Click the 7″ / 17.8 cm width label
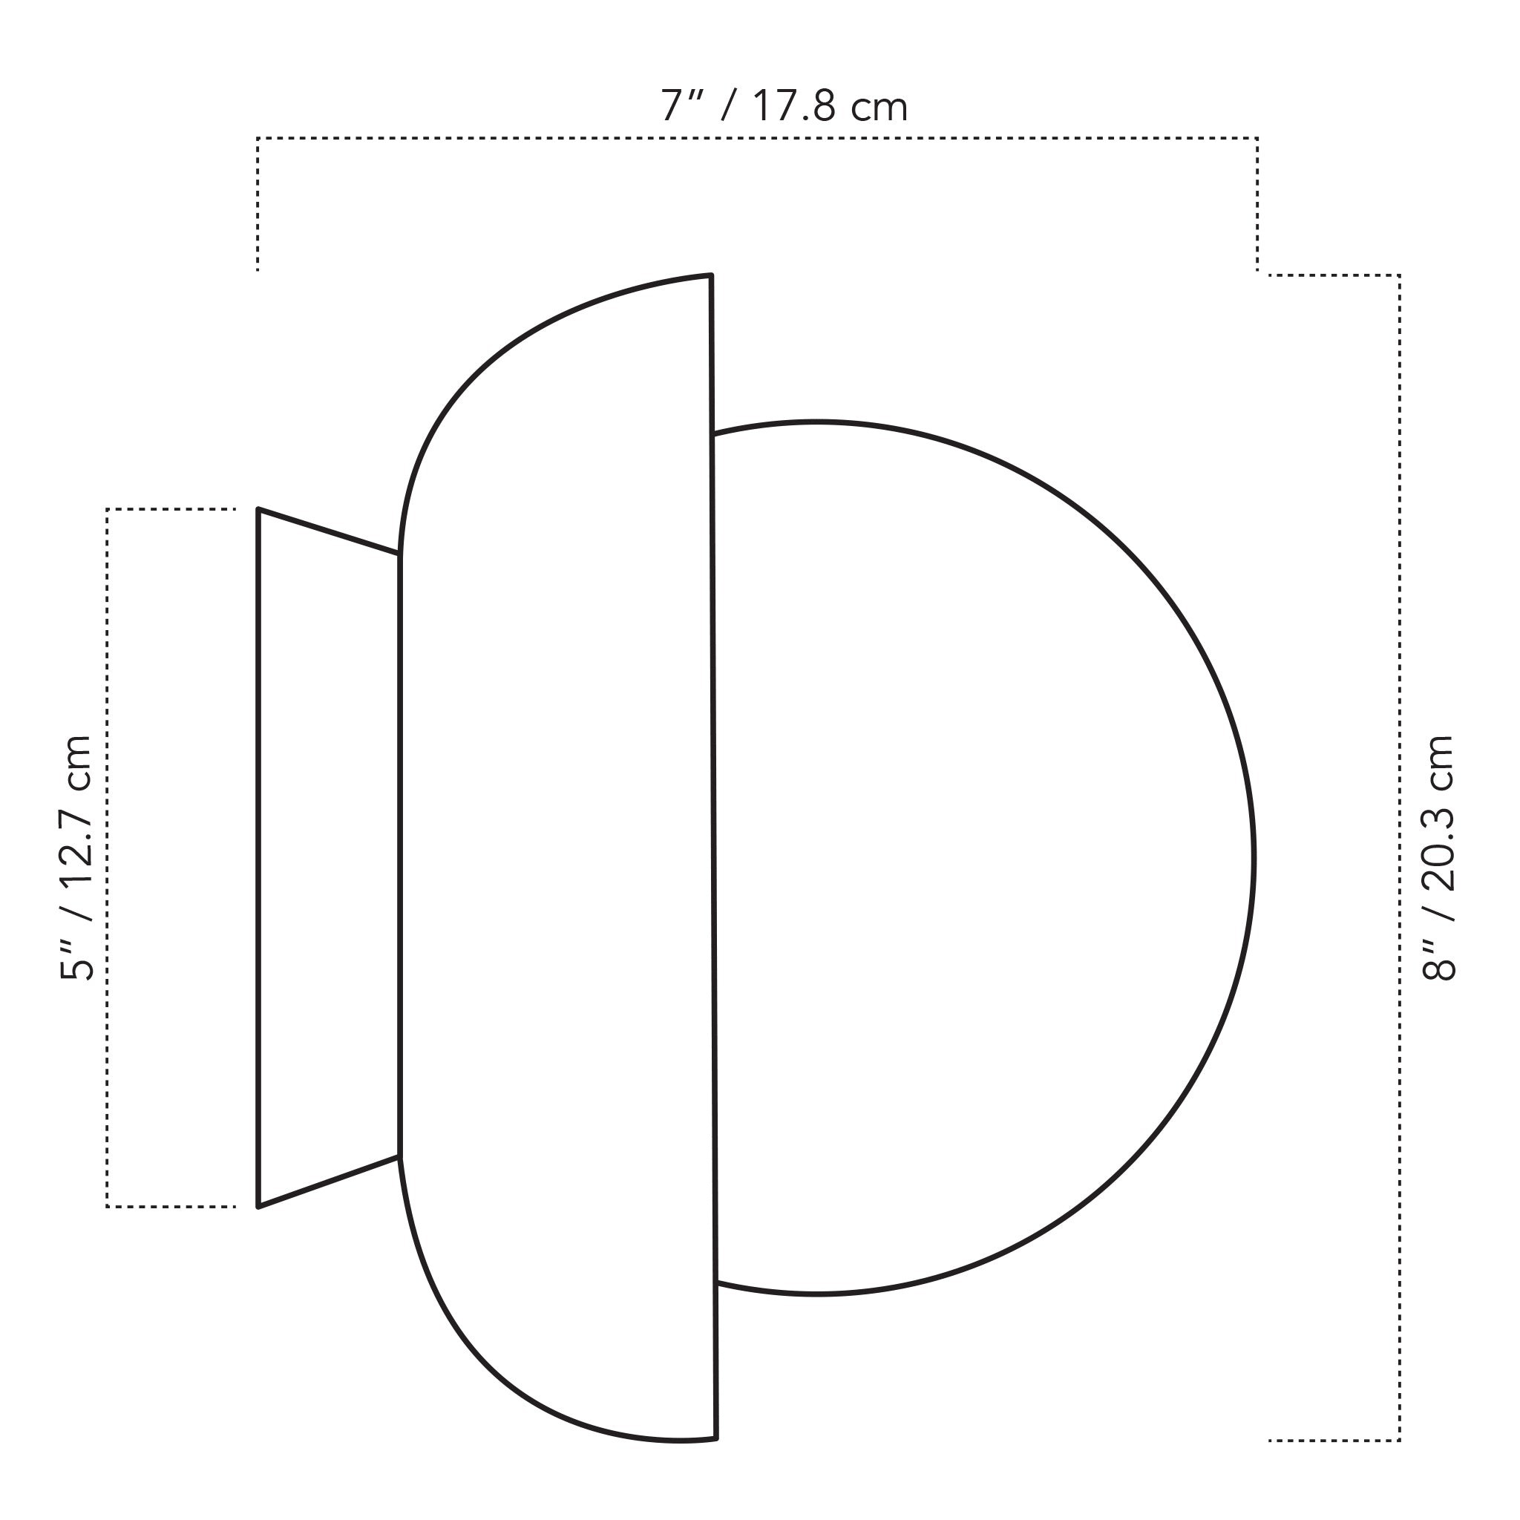tap(784, 107)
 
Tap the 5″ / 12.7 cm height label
tap(77, 857)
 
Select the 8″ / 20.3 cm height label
tap(1439, 857)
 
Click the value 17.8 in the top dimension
tap(795, 107)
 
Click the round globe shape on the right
tap(983, 857)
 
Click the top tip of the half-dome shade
tap(710, 276)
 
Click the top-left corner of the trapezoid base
tap(259, 510)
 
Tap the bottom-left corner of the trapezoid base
tap(259, 1206)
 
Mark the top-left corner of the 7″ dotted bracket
tap(258, 140)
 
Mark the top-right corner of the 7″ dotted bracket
tap(1257, 140)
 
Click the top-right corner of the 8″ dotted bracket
tap(1400, 275)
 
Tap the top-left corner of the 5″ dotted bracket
tap(108, 510)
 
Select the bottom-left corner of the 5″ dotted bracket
tap(108, 1206)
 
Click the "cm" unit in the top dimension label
tap(879, 108)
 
